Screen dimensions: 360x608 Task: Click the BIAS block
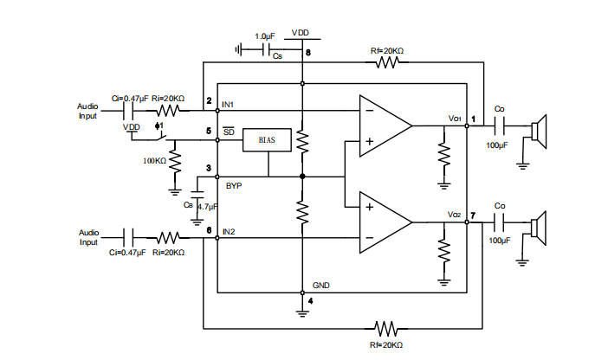point(267,140)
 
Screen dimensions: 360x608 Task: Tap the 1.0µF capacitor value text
point(266,36)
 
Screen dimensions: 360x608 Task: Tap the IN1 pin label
point(229,105)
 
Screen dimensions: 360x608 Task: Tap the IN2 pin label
point(229,232)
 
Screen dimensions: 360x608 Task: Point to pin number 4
point(309,301)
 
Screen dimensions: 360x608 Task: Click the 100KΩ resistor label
point(154,161)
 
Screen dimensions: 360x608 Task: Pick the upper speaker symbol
point(540,130)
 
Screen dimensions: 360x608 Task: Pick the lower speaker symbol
point(540,227)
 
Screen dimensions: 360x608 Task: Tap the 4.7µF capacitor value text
point(205,206)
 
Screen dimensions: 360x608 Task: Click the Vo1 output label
point(454,118)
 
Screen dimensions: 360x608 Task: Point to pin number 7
point(473,214)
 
